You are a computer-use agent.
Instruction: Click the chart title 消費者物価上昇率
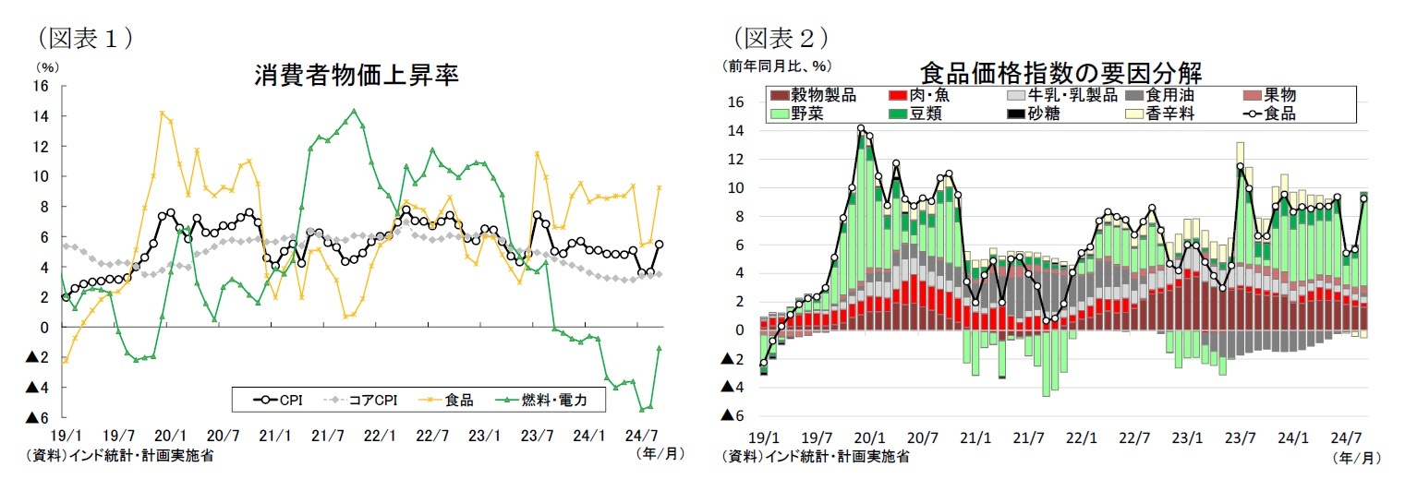(x=356, y=75)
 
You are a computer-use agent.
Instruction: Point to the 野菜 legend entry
(x=802, y=114)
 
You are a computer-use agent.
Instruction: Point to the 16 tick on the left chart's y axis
(x=41, y=86)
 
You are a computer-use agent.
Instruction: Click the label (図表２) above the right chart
(x=780, y=38)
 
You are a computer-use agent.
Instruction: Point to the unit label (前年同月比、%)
(x=777, y=66)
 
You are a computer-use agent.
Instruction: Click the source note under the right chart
(x=814, y=456)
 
